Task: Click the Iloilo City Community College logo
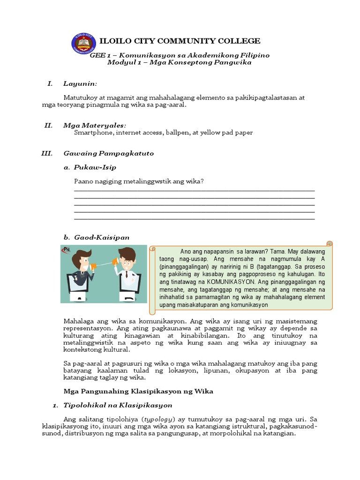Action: pyautogui.click(x=84, y=43)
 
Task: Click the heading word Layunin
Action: pyautogui.click(x=80, y=83)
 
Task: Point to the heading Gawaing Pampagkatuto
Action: pyautogui.click(x=108, y=153)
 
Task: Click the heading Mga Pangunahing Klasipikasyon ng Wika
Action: pyautogui.click(x=138, y=391)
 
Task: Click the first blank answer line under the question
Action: pyautogui.click(x=194, y=190)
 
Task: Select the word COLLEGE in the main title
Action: pyautogui.click(x=238, y=41)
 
